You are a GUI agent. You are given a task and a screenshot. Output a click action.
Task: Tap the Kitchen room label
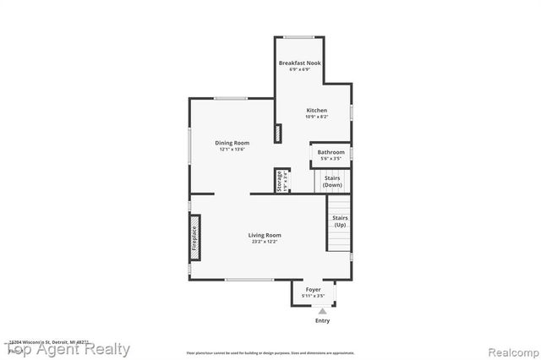[x=316, y=111]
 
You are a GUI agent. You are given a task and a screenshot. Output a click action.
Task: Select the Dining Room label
[x=232, y=143]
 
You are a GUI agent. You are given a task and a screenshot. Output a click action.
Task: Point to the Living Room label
[x=265, y=235]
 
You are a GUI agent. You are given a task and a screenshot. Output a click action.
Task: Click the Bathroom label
[x=331, y=152]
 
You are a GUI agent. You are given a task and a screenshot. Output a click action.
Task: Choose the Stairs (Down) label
[x=333, y=181]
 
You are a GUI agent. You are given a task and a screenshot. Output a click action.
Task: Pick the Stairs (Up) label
[x=341, y=221]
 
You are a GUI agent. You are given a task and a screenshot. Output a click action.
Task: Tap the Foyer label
[x=314, y=289]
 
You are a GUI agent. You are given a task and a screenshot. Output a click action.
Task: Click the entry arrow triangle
[x=322, y=311]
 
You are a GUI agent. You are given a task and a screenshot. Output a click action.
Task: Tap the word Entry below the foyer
[x=322, y=320]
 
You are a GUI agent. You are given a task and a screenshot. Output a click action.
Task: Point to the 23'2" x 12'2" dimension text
[x=265, y=242]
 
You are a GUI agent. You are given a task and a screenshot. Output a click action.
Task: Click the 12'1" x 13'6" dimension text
[x=232, y=150]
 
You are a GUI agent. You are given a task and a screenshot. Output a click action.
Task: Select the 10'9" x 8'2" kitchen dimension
[x=316, y=117]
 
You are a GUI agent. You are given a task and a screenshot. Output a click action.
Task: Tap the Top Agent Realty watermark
[x=67, y=349]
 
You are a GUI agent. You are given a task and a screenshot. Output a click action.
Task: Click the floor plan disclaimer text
[x=270, y=352]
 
